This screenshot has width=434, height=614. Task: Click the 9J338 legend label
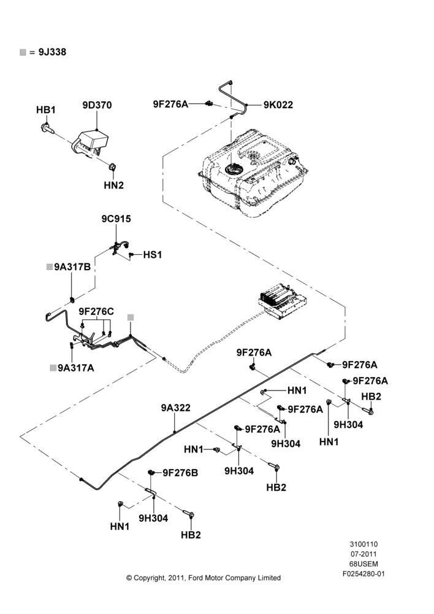click(x=52, y=52)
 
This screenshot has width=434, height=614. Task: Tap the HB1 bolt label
click(x=46, y=110)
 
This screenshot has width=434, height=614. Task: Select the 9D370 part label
click(x=97, y=105)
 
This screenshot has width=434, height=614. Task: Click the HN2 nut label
click(x=114, y=185)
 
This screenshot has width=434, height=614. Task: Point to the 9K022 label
click(x=278, y=105)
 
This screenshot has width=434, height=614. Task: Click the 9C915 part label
click(x=116, y=219)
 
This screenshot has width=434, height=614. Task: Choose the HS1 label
click(x=153, y=255)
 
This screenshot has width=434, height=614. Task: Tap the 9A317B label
click(x=72, y=267)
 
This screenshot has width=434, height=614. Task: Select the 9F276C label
click(x=96, y=311)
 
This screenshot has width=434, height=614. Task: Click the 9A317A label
click(x=76, y=368)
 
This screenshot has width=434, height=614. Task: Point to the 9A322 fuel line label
click(x=175, y=408)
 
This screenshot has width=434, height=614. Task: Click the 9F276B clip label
click(x=180, y=473)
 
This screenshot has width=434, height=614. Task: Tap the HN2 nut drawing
click(x=112, y=168)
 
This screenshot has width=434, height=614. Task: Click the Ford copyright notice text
click(x=204, y=578)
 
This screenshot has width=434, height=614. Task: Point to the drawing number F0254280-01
click(x=364, y=574)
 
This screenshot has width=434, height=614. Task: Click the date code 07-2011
click(x=364, y=554)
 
